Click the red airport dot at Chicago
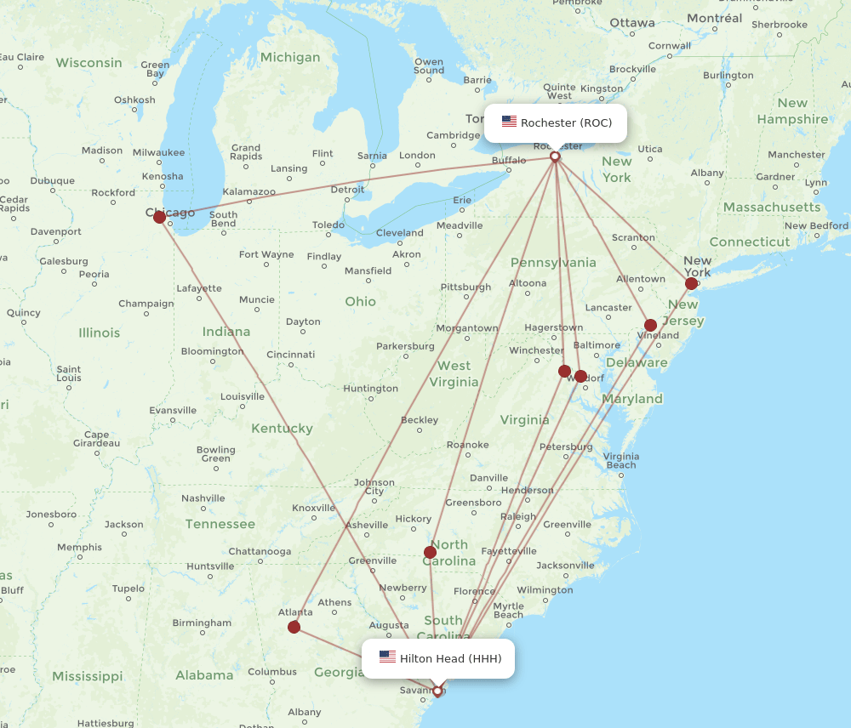coord(159,217)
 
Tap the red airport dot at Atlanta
coord(294,627)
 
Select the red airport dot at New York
coord(691,283)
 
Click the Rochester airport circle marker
coord(555,156)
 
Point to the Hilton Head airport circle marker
coord(437,691)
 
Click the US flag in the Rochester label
coord(509,122)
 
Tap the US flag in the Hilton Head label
coord(387,657)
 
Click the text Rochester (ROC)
coord(566,122)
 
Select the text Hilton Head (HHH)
coord(450,658)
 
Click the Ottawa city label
coord(632,22)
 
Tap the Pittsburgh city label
coord(466,287)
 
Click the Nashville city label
coord(203,498)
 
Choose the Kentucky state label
coord(282,429)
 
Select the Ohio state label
coord(360,302)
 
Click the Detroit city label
coord(347,190)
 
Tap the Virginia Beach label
coord(620,460)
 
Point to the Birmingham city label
coord(202,623)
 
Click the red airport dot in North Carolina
coord(430,552)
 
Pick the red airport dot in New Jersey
coord(650,325)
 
